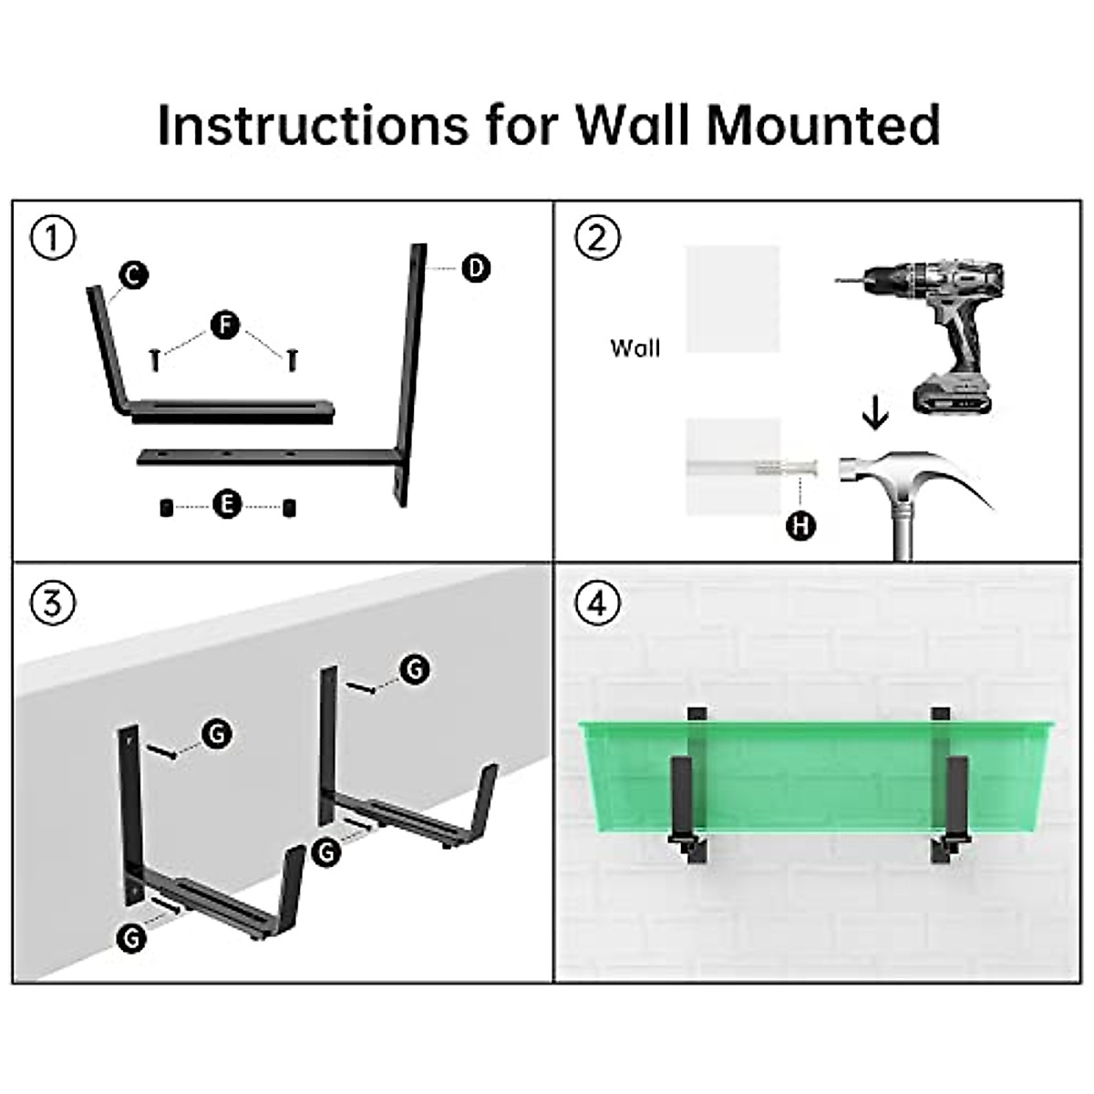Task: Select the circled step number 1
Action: [x=53, y=239]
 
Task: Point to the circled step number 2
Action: [x=597, y=239]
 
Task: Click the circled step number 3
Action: [x=53, y=604]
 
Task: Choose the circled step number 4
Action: [x=597, y=604]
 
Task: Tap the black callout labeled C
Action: [x=134, y=274]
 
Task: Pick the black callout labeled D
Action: [x=475, y=268]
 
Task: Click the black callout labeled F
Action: [x=225, y=325]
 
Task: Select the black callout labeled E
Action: [x=226, y=504]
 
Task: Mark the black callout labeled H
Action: [x=800, y=526]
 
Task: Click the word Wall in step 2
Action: [x=635, y=348]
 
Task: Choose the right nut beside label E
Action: [x=290, y=508]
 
